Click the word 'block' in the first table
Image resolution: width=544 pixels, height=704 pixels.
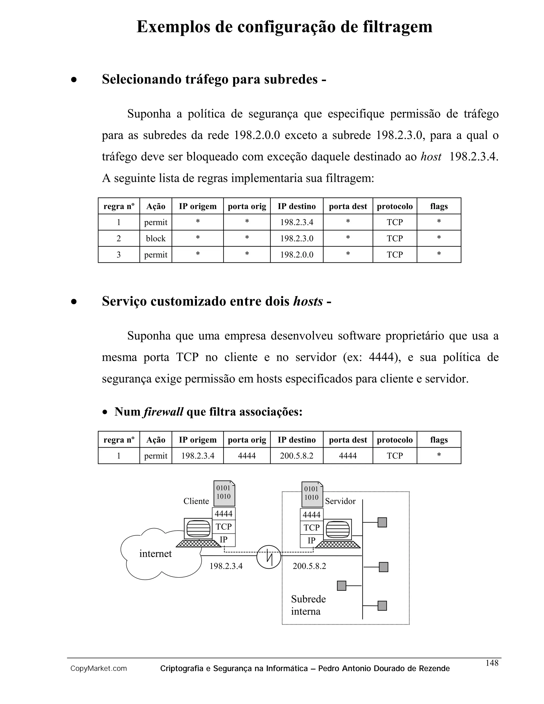point(155,239)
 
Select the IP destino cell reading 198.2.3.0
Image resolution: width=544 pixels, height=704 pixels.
point(296,239)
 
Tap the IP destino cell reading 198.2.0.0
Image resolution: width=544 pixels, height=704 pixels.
point(296,255)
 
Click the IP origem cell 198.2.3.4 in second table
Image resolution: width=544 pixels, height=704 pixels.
point(198,456)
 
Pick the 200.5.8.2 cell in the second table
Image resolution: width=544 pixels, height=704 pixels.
point(296,456)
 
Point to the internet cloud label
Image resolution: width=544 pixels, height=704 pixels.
point(155,554)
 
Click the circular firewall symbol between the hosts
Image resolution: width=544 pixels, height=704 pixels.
point(269,557)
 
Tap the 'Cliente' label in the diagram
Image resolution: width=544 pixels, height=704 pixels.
point(196,501)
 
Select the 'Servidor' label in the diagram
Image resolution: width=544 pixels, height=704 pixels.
point(340,501)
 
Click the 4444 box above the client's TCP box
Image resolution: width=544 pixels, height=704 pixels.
point(224,514)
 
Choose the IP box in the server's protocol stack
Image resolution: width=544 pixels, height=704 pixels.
point(311,541)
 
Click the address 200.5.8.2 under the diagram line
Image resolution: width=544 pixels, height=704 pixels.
point(309,566)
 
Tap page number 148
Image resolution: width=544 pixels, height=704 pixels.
point(492,663)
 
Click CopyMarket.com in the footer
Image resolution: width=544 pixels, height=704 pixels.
point(99,669)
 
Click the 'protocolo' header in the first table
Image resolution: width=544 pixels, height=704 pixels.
point(395,206)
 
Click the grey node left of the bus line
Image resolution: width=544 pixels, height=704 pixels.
point(341,586)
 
